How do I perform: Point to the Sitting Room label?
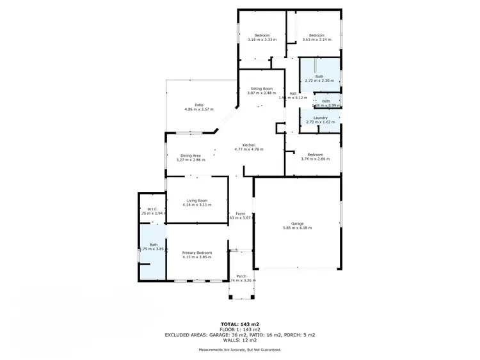(260, 88)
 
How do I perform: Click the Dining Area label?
(191, 155)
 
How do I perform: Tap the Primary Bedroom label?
(196, 253)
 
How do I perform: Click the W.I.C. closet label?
(152, 208)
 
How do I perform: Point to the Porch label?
(242, 276)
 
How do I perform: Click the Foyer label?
(241, 214)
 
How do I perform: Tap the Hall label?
(292, 93)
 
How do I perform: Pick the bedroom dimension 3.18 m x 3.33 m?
(262, 40)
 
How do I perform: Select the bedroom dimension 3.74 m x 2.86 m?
(315, 159)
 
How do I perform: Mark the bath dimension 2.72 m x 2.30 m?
(319, 81)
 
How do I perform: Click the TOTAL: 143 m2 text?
(239, 324)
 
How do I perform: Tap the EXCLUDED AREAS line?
(239, 334)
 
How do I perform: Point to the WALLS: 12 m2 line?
(239, 340)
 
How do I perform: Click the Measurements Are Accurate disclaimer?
(239, 350)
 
